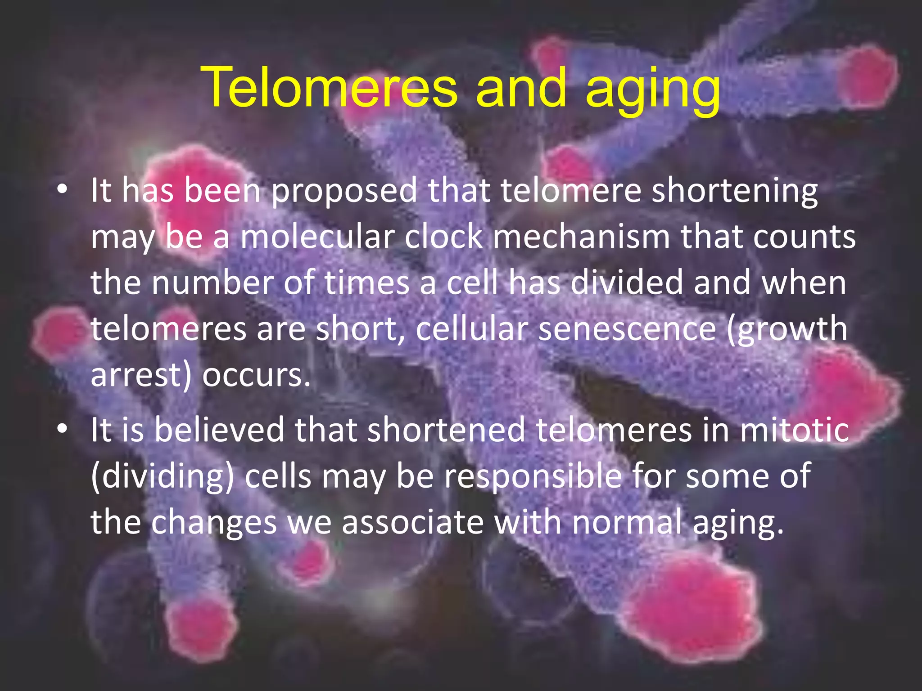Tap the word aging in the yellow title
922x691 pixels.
(653, 90)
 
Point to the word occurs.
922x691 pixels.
(256, 376)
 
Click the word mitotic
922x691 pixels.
(795, 430)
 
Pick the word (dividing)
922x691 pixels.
(163, 477)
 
